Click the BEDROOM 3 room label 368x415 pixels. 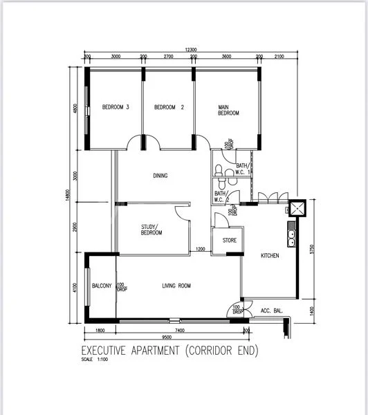[x=116, y=107]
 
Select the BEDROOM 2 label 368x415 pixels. [x=169, y=107]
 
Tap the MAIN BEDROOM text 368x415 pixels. [x=228, y=110]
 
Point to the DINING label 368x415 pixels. [x=160, y=176]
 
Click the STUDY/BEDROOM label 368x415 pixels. [x=151, y=230]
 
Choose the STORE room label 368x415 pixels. [x=229, y=241]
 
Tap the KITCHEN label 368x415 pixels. [x=270, y=256]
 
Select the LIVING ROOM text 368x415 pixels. [x=176, y=286]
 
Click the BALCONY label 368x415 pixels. [x=102, y=286]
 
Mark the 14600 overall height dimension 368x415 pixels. [x=68, y=197]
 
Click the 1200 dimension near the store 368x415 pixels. [x=201, y=249]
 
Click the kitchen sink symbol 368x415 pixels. [x=293, y=238]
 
